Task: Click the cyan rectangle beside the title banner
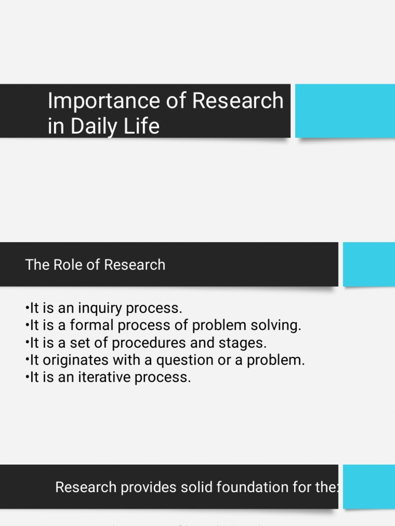point(345,111)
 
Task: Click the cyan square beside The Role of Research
point(369,264)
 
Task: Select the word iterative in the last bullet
point(96,378)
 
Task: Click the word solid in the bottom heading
point(194,487)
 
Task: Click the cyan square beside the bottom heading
point(369,486)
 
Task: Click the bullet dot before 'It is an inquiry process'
point(27,309)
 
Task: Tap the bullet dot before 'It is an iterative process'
point(27,378)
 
